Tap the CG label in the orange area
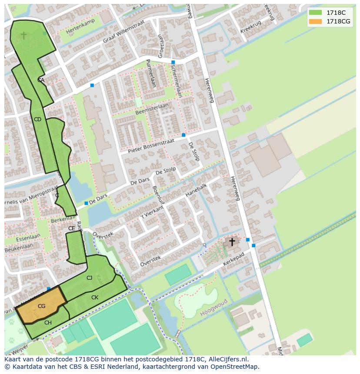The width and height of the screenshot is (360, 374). click(x=41, y=306)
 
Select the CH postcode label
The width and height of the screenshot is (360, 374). click(x=48, y=322)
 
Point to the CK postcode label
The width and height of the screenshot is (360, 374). click(x=95, y=298)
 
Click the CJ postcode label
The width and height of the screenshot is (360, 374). click(x=89, y=278)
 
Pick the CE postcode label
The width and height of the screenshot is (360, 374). click(x=72, y=228)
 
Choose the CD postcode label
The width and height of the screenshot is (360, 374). click(x=37, y=119)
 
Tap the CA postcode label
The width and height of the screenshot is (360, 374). click(x=41, y=80)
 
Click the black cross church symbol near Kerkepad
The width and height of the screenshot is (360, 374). click(x=232, y=242)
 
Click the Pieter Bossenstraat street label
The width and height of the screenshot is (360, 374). click(x=151, y=146)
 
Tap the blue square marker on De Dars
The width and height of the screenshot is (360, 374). click(x=86, y=203)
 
